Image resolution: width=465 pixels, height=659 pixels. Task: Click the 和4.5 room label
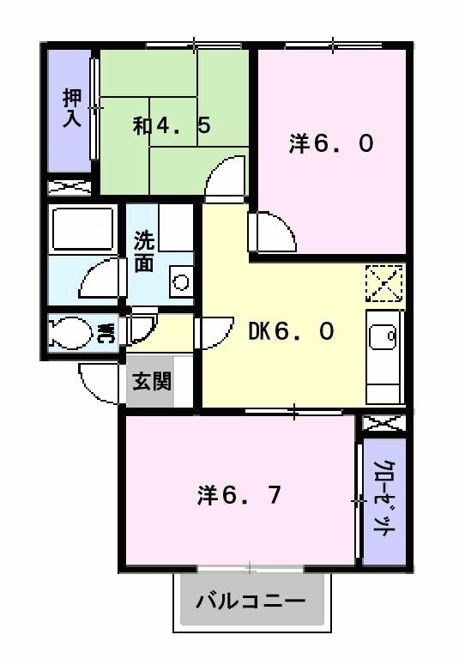172,126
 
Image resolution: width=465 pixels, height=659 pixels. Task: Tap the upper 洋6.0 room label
330,144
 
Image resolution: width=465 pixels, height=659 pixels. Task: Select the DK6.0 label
291,331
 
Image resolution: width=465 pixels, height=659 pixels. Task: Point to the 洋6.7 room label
239,495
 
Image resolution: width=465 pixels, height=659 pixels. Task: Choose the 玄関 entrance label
151,379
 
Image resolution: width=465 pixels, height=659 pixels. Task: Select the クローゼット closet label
383,499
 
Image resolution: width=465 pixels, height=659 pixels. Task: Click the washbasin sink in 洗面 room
180,281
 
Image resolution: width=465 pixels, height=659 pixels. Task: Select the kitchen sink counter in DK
383,357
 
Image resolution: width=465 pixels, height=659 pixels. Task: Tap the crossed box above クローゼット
383,423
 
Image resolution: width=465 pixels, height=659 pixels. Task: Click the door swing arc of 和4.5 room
226,178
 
